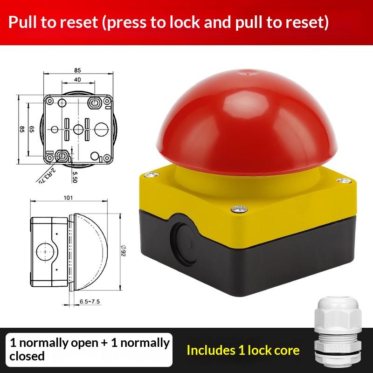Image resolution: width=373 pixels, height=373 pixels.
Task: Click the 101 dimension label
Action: coord(68,198)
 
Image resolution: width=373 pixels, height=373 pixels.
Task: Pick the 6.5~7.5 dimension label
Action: coord(90,302)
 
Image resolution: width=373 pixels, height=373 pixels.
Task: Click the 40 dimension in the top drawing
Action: coord(77,79)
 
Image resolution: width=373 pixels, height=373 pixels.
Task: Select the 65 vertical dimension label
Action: coord(32,129)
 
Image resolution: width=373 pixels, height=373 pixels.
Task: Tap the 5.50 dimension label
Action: coord(75,177)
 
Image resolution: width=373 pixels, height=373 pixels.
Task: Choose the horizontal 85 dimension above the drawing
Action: coord(77,70)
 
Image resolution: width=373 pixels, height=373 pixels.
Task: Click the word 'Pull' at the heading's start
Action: coord(22,22)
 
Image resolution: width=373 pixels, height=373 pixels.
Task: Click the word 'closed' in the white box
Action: coord(27,356)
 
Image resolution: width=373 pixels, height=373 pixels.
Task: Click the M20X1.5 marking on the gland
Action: coord(337,348)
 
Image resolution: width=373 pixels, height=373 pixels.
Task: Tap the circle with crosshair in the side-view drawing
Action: coord(45,252)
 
